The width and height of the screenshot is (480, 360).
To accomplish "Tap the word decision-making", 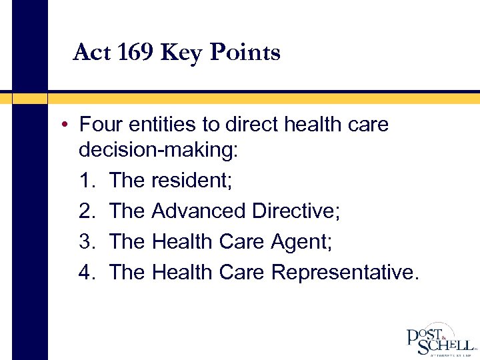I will click(x=157, y=150).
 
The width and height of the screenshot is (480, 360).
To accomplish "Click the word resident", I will click(x=194, y=180).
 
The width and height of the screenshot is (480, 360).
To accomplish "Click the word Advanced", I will click(x=199, y=211).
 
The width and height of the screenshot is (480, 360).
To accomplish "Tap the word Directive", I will click(x=296, y=211).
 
